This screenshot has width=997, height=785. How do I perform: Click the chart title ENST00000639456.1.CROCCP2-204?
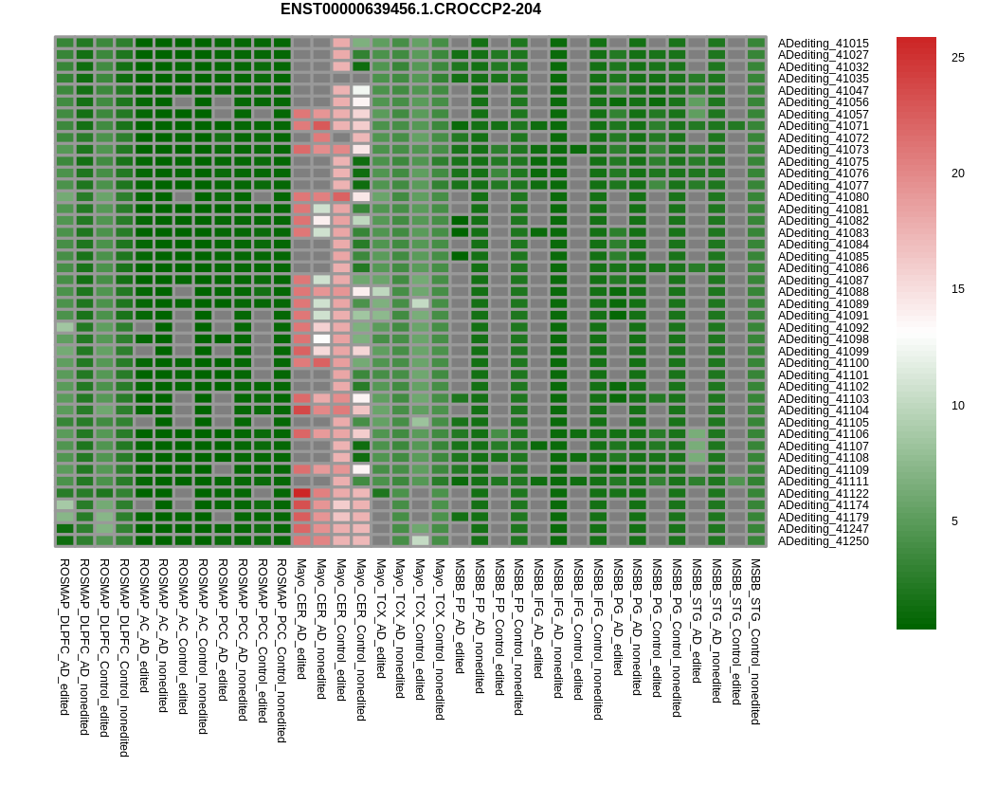point(410,9)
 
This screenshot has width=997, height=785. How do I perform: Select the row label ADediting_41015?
point(823,44)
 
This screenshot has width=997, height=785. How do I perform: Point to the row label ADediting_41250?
point(823,541)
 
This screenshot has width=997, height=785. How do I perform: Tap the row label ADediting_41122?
point(823,494)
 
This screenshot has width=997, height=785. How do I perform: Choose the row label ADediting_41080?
point(823,197)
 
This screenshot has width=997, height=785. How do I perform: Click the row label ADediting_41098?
point(823,339)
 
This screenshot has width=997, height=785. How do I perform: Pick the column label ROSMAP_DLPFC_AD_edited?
point(64,637)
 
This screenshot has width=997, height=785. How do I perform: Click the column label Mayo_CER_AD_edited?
point(301,619)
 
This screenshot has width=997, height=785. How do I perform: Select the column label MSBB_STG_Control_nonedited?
point(756,642)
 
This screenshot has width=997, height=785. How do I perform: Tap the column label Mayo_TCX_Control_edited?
point(420,630)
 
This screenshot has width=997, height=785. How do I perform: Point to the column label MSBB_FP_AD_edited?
point(460,616)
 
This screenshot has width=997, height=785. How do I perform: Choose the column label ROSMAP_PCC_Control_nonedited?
point(281,650)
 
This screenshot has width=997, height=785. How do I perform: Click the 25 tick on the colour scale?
point(958,58)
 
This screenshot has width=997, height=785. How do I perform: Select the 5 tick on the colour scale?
point(954,521)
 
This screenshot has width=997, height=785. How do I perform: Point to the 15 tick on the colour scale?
point(958,289)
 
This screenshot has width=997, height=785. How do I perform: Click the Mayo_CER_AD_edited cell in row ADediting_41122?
point(301,493)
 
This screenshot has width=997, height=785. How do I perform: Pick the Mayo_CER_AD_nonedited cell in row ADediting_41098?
point(321,339)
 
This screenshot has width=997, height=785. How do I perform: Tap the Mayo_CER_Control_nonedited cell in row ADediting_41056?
point(360,101)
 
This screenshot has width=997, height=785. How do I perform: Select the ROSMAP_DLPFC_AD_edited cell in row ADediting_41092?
point(64,327)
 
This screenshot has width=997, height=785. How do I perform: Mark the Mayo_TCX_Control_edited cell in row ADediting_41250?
point(420,540)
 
